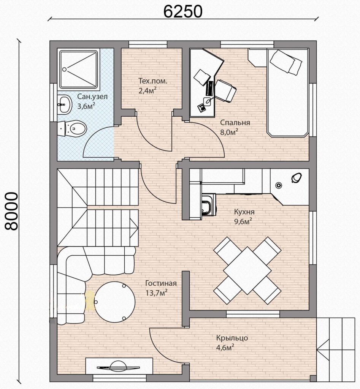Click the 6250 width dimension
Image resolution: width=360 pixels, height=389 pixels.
[183, 11]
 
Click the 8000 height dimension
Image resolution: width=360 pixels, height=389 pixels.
[12, 211]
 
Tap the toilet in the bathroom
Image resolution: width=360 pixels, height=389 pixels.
[72, 128]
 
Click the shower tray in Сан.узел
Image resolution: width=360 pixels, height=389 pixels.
[78, 70]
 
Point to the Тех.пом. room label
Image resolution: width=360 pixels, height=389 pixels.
[153, 81]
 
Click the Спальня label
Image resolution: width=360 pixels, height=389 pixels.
[235, 123]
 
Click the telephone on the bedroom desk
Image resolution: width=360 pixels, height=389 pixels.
[201, 108]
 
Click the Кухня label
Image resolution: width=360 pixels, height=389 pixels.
[244, 212]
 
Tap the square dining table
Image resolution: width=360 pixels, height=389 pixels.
[247, 270]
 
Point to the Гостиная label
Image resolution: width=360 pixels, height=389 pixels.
[161, 283]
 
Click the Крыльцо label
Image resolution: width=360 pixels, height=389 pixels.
[232, 338]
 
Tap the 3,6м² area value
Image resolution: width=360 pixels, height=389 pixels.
[86, 106]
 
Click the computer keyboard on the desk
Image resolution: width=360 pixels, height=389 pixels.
[209, 89]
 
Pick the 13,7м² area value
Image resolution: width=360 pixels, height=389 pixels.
[156, 293]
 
